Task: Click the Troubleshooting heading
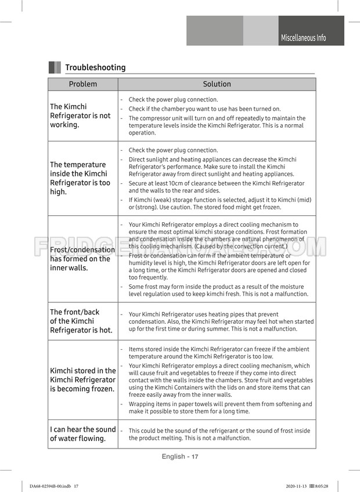coord(95,67)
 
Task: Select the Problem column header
coord(83,84)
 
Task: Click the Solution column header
coord(217,84)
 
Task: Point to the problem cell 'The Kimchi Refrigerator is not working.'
coord(80,115)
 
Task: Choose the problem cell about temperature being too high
coord(80,178)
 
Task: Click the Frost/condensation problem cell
coord(82,259)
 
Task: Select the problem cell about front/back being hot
coord(81,321)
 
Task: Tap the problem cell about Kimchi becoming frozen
coord(83,380)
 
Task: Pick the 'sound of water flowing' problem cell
coord(83,434)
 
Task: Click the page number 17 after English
coord(195,457)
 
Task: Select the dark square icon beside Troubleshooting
coord(55,67)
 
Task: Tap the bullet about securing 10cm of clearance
coord(217,187)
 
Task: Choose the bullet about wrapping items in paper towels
coord(220,407)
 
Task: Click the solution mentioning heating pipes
coord(221,321)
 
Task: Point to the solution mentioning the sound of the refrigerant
coord(219,435)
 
